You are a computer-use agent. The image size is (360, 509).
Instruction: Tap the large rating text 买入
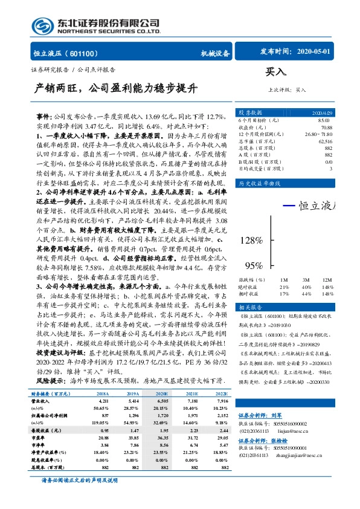pos(275,72)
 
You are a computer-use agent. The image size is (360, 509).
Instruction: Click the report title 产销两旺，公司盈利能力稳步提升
pos(115,88)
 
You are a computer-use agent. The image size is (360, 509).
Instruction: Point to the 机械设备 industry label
pos(215,53)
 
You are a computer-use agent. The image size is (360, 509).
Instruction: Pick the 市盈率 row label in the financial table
pos(40,438)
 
